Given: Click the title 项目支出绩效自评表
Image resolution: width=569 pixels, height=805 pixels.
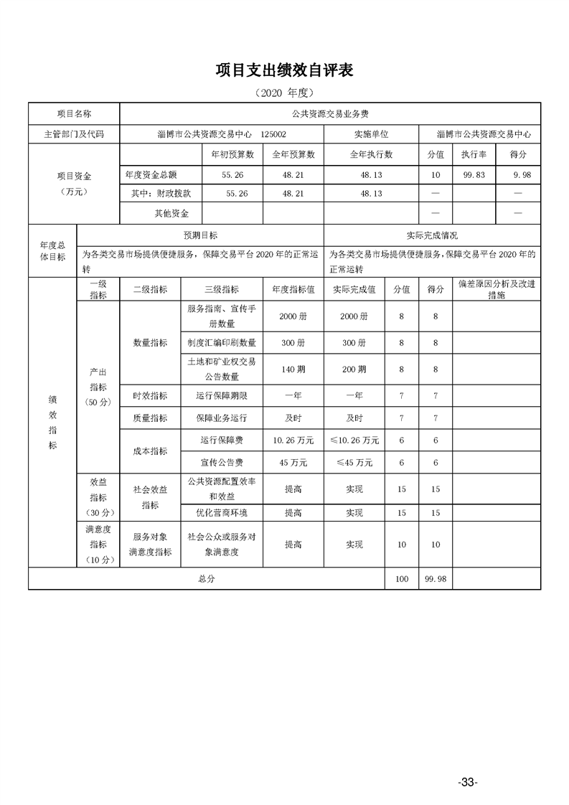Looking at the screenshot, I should [x=285, y=70].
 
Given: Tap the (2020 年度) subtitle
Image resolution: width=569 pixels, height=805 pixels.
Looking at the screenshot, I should [x=285, y=93].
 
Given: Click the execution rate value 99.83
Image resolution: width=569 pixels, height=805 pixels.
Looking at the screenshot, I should [x=474, y=174].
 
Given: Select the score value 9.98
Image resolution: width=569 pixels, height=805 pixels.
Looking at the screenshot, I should [x=517, y=174].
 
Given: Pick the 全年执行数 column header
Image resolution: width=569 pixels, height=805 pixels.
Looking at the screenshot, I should [x=371, y=154].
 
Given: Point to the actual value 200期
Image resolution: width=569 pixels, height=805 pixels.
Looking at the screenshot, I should [x=354, y=369].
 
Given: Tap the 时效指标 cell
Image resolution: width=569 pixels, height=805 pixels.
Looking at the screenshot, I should [x=150, y=395].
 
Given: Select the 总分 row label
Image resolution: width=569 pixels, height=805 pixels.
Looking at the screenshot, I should [x=207, y=578].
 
